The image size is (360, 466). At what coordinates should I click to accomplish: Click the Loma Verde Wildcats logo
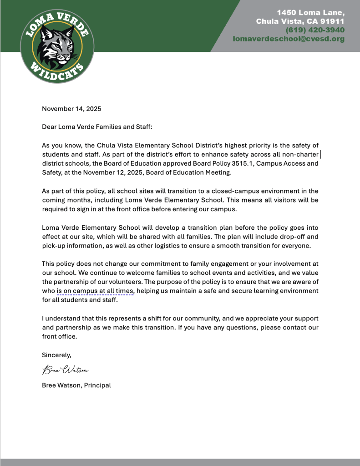[x=57, y=46]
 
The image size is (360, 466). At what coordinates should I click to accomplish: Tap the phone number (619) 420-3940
[x=315, y=30]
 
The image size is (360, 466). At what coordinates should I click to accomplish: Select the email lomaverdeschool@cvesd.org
[x=289, y=39]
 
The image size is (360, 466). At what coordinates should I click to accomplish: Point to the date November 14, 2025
[x=71, y=109]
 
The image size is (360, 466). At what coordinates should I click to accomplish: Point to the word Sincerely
[x=56, y=355]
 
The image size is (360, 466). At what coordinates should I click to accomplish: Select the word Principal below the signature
[x=97, y=385]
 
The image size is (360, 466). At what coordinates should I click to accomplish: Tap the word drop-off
[x=297, y=237]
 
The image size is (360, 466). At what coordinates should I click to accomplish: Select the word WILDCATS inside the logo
[x=57, y=73]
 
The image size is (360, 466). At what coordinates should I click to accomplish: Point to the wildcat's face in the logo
[x=57, y=46]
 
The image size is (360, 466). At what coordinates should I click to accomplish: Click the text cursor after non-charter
[x=320, y=155]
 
